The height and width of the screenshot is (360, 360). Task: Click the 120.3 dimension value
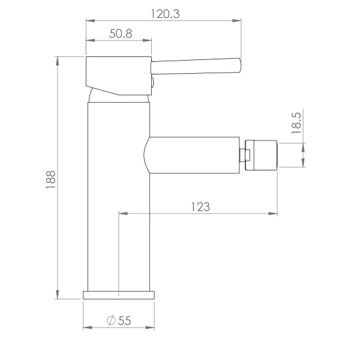(x=165, y=14)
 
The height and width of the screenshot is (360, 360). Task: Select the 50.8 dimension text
(x=121, y=34)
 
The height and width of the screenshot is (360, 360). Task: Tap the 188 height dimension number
(x=51, y=180)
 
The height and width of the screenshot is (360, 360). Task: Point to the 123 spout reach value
(x=200, y=207)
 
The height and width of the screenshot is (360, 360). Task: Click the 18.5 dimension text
(x=296, y=123)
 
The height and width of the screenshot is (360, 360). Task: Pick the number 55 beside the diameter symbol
(x=124, y=321)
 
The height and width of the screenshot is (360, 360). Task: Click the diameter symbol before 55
(x=111, y=320)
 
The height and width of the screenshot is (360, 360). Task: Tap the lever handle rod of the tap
(x=196, y=67)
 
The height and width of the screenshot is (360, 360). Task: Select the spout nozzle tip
(x=261, y=155)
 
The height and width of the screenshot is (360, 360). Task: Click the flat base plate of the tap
(x=119, y=295)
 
